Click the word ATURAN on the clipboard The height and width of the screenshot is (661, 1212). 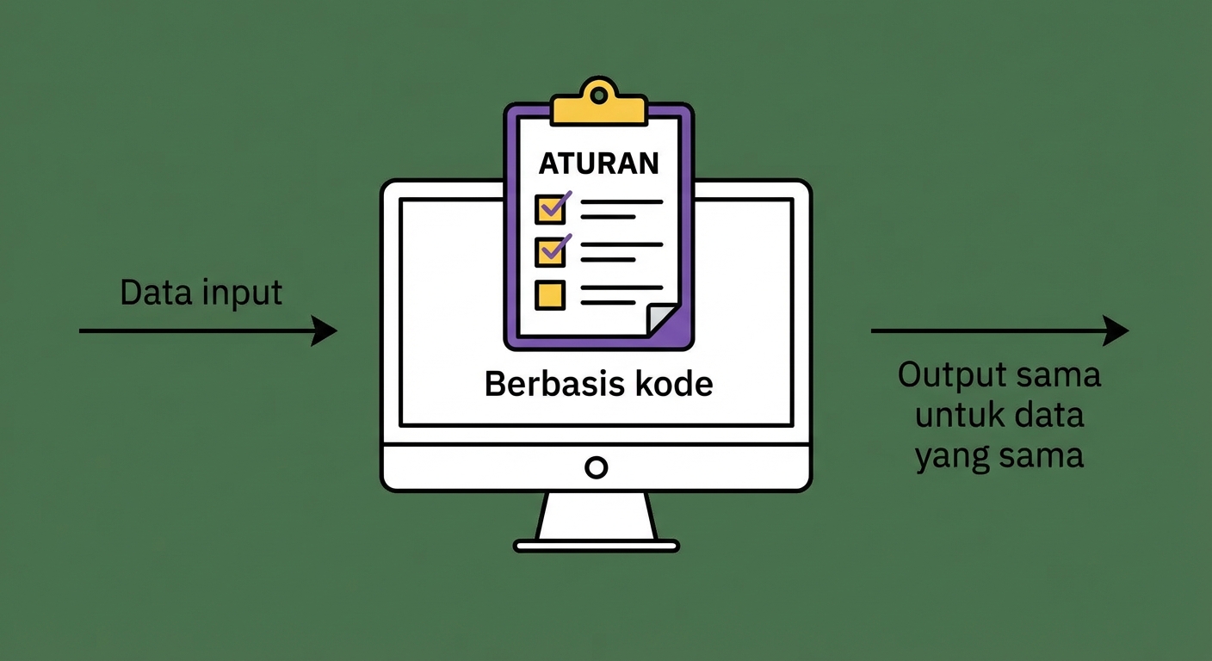[598, 163]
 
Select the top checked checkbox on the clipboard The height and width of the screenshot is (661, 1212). [549, 208]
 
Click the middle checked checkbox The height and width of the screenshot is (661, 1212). [549, 250]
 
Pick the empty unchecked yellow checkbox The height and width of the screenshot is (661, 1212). [549, 294]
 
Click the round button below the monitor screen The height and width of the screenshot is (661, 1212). [596, 467]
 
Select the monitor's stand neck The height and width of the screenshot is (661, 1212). [597, 516]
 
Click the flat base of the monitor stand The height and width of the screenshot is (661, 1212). [597, 546]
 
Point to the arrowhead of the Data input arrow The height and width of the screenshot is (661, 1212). [325, 330]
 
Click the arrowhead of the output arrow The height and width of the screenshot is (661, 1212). [1116, 330]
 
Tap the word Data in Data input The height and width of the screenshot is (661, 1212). [155, 293]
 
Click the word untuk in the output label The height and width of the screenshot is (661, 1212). [952, 416]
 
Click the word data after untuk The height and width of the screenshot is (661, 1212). [1047, 416]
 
